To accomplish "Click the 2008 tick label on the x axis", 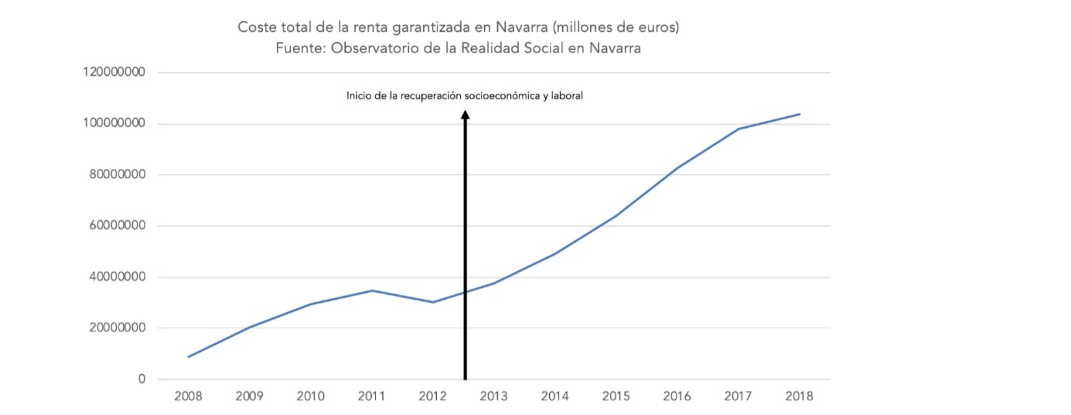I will click(188, 396).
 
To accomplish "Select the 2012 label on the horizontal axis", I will click(433, 396).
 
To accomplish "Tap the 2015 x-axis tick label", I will click(616, 396).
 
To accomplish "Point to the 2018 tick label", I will click(799, 396).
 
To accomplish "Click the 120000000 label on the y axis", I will click(114, 72).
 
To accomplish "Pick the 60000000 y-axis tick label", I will click(117, 226).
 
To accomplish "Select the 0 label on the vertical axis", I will click(141, 379).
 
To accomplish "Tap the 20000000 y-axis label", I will click(117, 328).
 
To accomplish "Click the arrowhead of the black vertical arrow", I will click(465, 115).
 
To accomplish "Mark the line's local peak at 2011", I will click(372, 291).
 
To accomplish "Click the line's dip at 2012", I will click(433, 302).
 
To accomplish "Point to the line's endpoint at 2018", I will click(800, 114).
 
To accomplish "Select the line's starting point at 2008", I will click(188, 357).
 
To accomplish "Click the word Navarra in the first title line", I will click(521, 27).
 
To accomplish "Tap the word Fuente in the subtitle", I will click(299, 48).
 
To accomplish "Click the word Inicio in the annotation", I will click(359, 96).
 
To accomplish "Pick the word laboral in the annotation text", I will click(567, 96).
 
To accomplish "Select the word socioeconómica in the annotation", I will click(502, 96).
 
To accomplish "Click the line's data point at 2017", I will click(739, 129).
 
